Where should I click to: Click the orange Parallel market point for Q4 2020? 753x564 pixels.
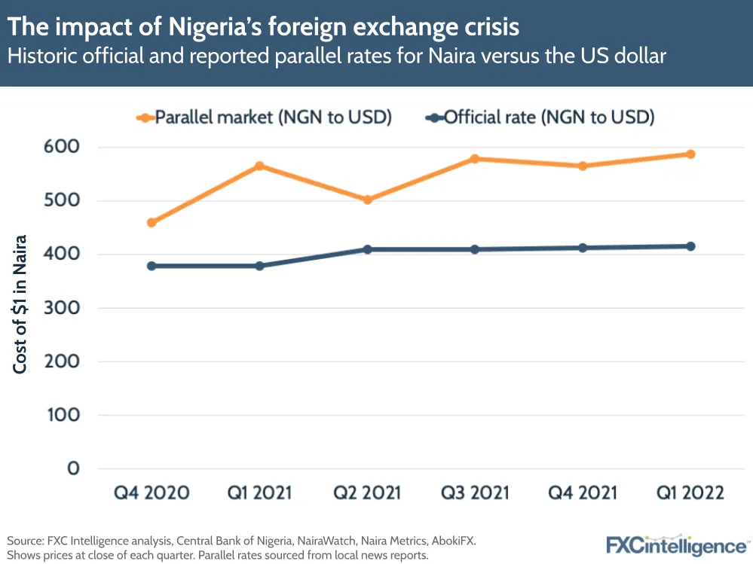[x=152, y=223]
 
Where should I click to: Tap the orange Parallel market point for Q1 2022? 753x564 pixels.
[x=690, y=154]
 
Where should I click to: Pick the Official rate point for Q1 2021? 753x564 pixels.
[x=260, y=266]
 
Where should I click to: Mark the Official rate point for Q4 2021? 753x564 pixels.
[x=583, y=248]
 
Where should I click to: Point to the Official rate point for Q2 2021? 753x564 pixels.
[x=368, y=249]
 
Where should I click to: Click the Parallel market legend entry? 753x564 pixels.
[x=264, y=117]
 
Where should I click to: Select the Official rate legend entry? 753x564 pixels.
[x=540, y=117]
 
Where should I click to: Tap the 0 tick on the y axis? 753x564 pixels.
[x=72, y=468]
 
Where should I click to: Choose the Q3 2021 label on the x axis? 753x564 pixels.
[x=475, y=493]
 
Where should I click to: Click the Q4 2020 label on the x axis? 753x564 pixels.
[x=152, y=493]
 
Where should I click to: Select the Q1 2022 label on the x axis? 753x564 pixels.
[x=690, y=493]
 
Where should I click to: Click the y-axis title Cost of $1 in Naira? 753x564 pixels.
[x=20, y=304]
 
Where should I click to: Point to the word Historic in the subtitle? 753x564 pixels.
[x=39, y=56]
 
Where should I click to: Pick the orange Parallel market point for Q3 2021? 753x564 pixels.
[x=475, y=159]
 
